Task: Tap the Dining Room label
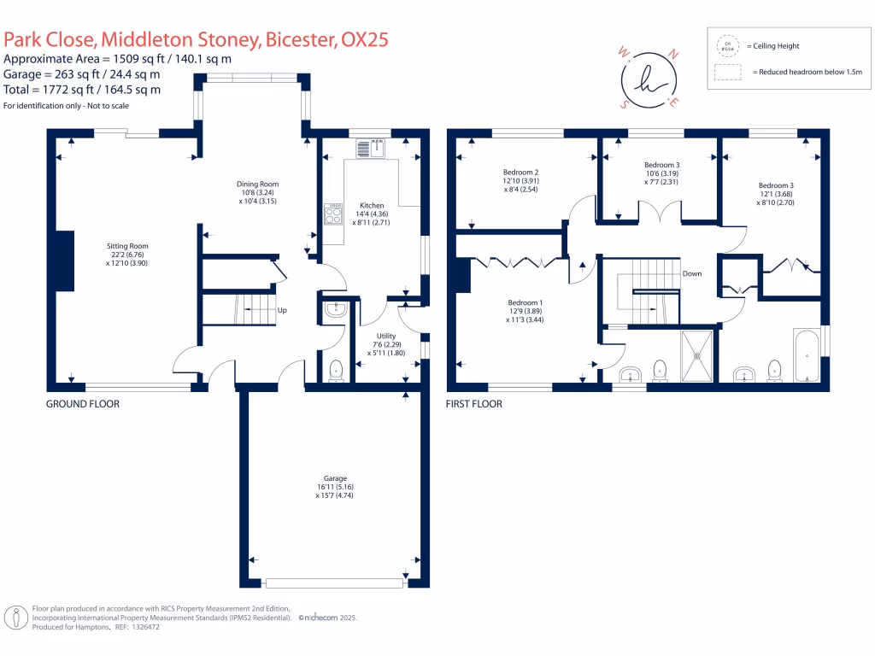point(257,184)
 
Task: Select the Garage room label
point(329,478)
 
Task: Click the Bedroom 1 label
point(524,303)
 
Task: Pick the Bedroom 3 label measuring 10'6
point(661,164)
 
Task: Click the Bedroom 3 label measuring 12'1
point(776,185)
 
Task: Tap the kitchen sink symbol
point(371,148)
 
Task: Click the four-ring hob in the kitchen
point(332,214)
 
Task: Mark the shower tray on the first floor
point(700,356)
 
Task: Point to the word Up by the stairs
point(281,310)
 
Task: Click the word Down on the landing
point(692,274)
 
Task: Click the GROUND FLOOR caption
point(82,404)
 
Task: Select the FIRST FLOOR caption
point(474,404)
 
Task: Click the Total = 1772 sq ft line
point(82,89)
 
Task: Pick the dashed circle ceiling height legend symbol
point(727,45)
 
